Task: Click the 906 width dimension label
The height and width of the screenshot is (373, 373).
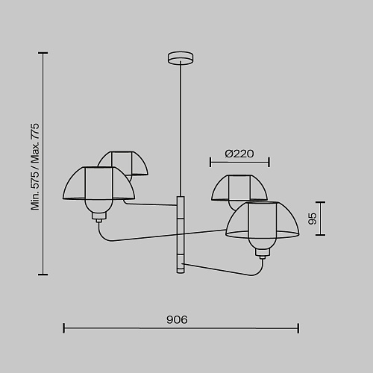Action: (x=177, y=319)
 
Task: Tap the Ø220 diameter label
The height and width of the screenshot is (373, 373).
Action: (x=239, y=154)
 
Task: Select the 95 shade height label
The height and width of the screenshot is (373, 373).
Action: (x=313, y=219)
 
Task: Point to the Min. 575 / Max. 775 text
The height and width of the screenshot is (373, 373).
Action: (x=35, y=166)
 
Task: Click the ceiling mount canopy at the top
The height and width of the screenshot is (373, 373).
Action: (x=181, y=58)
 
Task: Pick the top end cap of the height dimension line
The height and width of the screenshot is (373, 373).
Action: (x=43, y=53)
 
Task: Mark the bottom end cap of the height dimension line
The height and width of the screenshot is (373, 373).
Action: (x=43, y=275)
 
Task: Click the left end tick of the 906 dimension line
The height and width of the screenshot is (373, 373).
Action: (x=64, y=328)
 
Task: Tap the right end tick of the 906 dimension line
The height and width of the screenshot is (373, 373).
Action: (x=298, y=328)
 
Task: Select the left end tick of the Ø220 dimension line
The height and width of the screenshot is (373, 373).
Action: (x=210, y=162)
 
